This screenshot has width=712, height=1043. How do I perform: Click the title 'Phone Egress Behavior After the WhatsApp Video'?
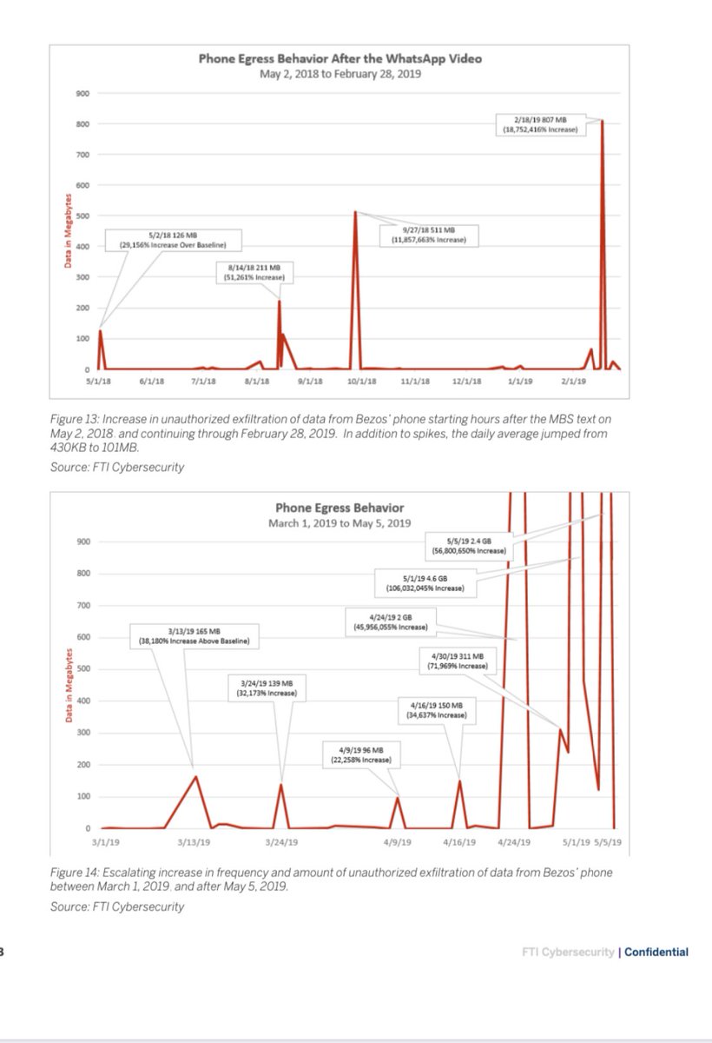click(x=340, y=59)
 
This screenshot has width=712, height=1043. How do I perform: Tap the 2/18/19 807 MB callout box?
click(x=539, y=123)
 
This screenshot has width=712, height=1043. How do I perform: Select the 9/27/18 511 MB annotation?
click(x=429, y=234)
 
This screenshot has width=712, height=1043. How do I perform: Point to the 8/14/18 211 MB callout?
click(x=254, y=272)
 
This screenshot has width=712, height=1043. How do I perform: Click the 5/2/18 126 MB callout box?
click(x=174, y=240)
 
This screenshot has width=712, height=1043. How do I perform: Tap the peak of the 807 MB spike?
click(x=602, y=121)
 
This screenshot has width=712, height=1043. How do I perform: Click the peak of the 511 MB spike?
click(x=355, y=211)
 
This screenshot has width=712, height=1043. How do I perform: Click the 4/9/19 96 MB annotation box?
click(x=359, y=754)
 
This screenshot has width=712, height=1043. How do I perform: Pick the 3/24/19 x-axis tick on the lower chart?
click(x=281, y=841)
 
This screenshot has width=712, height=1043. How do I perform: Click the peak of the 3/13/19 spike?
click(x=196, y=776)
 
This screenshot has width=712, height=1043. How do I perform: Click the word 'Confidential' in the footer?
click(x=657, y=952)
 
